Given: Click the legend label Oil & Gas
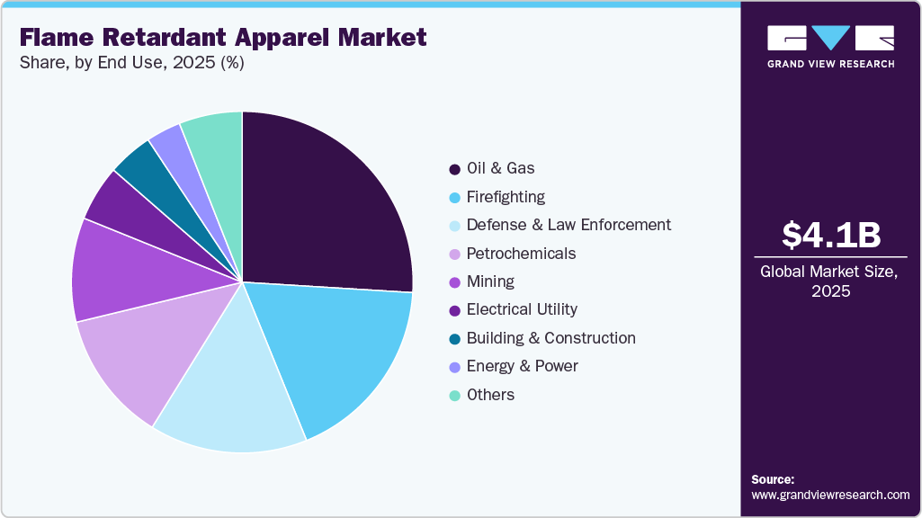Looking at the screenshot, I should pyautogui.click(x=500, y=168).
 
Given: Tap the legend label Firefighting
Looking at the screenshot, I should pyautogui.click(x=506, y=197).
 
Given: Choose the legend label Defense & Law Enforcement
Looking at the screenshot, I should pyautogui.click(x=568, y=225).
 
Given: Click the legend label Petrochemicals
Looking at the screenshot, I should pyautogui.click(x=521, y=254).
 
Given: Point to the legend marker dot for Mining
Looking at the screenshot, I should pyautogui.click(x=454, y=282).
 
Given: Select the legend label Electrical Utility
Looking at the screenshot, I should pyautogui.click(x=522, y=309).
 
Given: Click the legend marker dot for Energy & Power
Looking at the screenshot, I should pyautogui.click(x=454, y=367).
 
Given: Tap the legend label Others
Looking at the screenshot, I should pyautogui.click(x=490, y=395).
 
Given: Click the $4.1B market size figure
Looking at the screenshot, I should pyautogui.click(x=830, y=236).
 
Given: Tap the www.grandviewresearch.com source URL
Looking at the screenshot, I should pyautogui.click(x=830, y=495).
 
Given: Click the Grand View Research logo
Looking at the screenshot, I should pyautogui.click(x=830, y=46).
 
